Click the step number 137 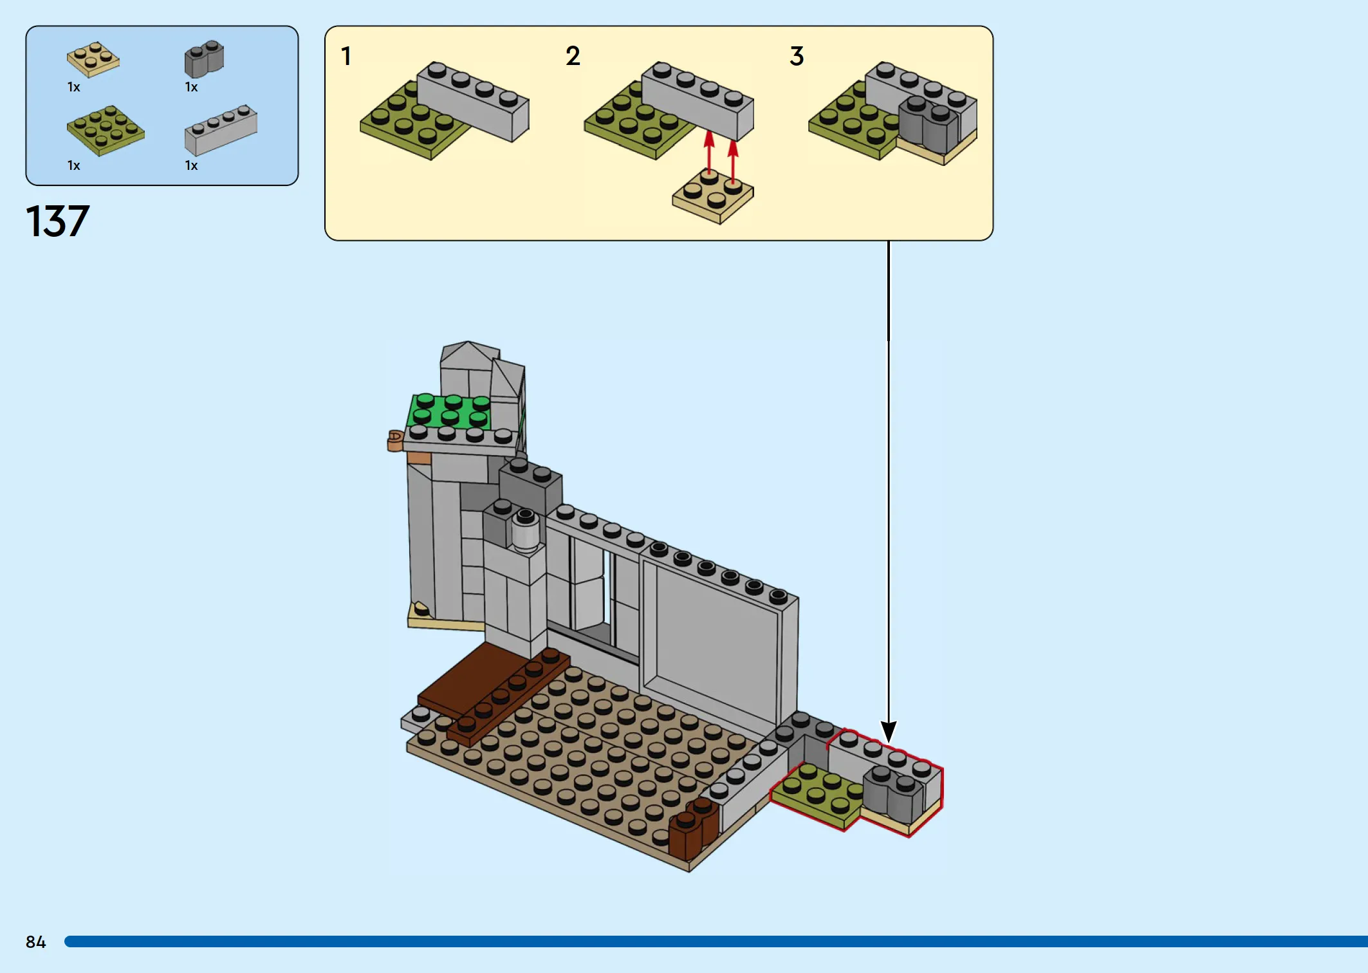tap(57, 221)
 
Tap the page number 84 tap(36, 942)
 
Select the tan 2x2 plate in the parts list tap(93, 59)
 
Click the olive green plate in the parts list tap(106, 131)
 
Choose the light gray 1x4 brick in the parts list tap(221, 130)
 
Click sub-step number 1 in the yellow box tap(346, 56)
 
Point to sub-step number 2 tap(573, 56)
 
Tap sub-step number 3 tap(797, 56)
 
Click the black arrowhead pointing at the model tap(889, 732)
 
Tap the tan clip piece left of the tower tap(395, 441)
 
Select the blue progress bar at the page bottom tap(716, 941)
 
